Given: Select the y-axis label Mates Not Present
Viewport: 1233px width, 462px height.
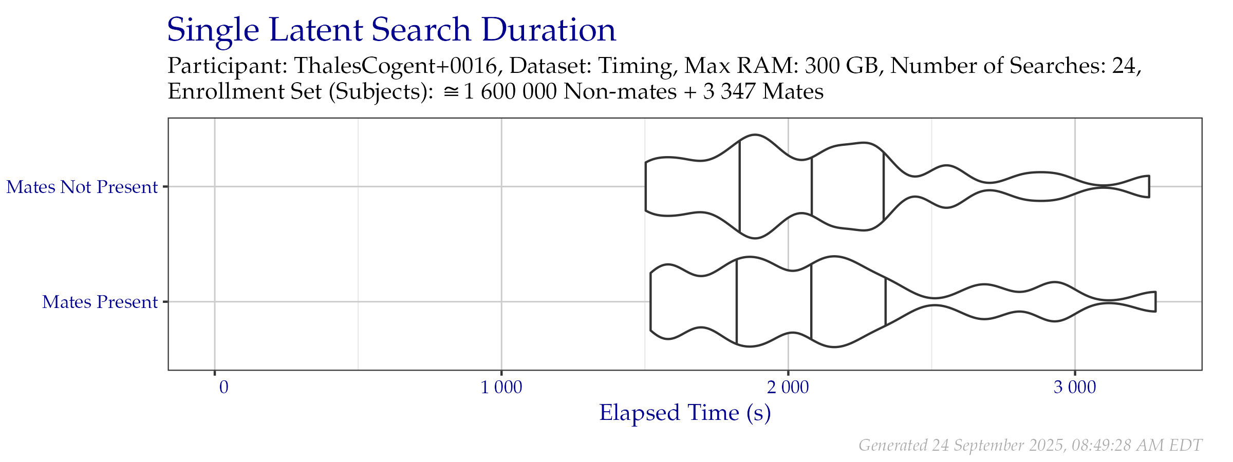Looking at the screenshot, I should click(82, 187).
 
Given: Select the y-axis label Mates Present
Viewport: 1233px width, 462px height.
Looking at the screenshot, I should click(100, 302).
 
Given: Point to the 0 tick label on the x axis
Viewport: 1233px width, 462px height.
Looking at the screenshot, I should click(223, 388).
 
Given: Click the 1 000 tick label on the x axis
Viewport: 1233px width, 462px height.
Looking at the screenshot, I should click(501, 388).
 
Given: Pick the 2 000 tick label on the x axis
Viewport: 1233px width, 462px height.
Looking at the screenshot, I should click(788, 388).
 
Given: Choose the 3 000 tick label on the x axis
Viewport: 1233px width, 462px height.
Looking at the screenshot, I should click(1075, 388).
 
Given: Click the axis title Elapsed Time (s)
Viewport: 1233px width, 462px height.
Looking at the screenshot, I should click(685, 413).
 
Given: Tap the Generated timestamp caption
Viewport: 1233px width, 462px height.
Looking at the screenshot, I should click(1030, 445).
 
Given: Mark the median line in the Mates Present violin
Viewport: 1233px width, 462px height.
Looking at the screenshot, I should click(811, 302).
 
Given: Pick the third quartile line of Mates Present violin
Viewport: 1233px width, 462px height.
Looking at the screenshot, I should click(885, 302).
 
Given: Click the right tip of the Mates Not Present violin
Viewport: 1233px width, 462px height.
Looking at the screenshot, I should click(1149, 186).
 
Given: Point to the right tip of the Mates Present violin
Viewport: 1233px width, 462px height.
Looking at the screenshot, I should click(1155, 302).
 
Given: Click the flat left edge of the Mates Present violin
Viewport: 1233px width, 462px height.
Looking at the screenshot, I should click(651, 302).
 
